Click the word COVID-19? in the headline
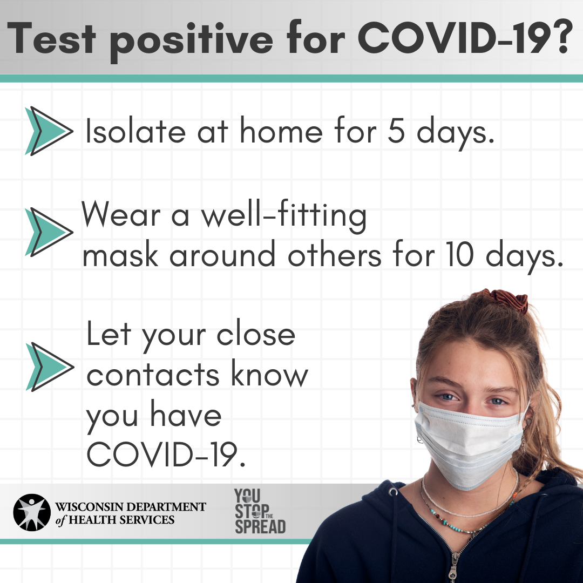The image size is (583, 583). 463,38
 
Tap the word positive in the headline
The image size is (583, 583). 192,42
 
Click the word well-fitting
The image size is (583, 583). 284,215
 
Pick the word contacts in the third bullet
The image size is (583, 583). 153,374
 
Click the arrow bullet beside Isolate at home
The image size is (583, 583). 49,131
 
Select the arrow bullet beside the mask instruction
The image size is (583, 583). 49,232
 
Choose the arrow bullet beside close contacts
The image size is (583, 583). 50,367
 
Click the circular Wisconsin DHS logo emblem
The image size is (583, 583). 32,512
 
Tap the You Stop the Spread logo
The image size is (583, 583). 260,511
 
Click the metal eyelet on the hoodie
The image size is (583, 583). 392,492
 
